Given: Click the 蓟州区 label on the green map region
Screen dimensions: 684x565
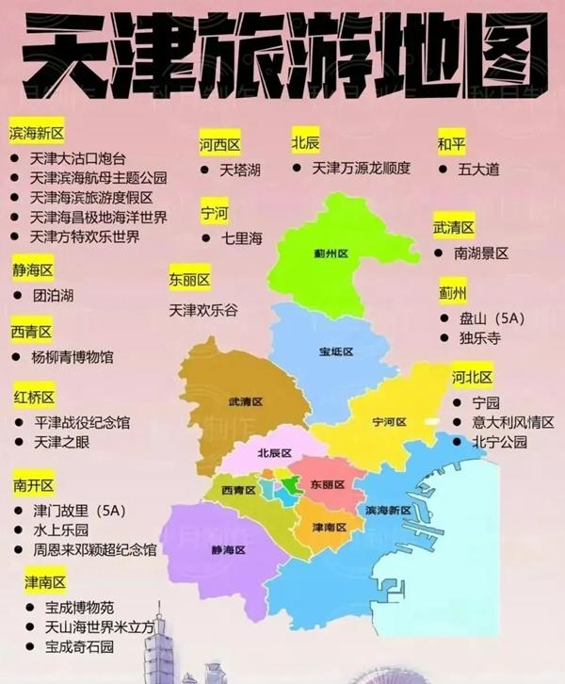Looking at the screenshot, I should [x=331, y=253].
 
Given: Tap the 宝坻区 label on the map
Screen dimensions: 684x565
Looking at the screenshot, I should [x=335, y=351].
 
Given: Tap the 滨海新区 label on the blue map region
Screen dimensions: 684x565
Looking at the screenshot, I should [x=388, y=510].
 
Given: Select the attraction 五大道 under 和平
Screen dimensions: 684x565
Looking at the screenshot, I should [x=478, y=170].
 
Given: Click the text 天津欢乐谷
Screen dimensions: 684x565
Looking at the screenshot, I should [x=203, y=308].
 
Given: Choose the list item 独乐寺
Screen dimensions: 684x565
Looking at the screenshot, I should [x=479, y=337].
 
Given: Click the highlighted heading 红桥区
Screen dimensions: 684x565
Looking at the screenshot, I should [x=35, y=396].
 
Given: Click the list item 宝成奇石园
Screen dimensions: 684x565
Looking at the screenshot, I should [x=79, y=647].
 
